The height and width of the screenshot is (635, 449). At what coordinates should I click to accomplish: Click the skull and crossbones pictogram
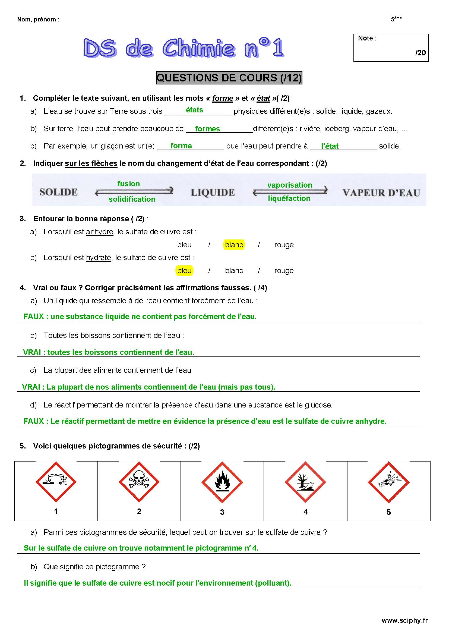click(139, 482)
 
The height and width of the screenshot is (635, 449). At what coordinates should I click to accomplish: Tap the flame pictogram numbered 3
click(222, 482)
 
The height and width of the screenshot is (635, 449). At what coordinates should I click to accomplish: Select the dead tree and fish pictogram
click(305, 482)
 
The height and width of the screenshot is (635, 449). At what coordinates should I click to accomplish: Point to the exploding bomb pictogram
click(388, 482)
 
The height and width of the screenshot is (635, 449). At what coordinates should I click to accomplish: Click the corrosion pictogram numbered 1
click(56, 482)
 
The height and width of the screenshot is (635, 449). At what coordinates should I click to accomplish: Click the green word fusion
click(129, 184)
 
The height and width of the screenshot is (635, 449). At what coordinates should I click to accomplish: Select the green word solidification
click(132, 199)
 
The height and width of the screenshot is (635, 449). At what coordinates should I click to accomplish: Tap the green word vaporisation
click(290, 185)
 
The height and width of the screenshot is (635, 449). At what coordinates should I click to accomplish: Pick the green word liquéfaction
click(289, 198)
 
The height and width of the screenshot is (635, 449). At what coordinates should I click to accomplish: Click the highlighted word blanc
click(234, 245)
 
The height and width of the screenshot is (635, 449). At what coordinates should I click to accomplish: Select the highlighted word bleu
click(184, 270)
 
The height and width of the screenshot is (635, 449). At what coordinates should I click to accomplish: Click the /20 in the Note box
click(420, 53)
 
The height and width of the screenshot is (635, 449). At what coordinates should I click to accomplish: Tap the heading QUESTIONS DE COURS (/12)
click(229, 78)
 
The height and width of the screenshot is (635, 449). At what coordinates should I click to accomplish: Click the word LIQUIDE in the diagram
click(213, 192)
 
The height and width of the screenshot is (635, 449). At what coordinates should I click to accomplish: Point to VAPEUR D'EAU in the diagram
click(381, 193)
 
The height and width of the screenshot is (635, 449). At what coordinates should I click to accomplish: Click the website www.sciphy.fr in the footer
click(404, 620)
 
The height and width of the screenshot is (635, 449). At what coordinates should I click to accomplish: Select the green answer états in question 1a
click(194, 110)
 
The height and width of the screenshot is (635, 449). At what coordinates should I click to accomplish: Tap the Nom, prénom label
click(39, 19)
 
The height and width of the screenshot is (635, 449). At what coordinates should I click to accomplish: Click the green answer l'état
click(330, 146)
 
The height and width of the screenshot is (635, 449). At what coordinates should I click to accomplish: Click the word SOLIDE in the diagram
click(59, 192)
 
